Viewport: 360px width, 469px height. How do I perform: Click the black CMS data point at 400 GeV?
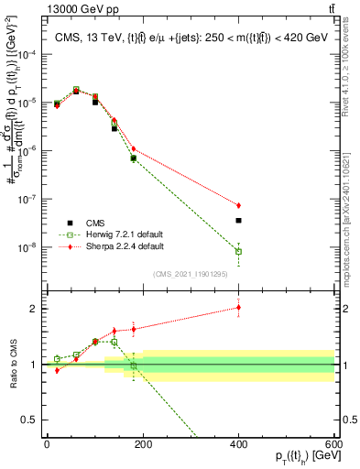tap(238, 221)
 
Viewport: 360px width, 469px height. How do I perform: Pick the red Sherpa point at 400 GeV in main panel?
tap(238, 205)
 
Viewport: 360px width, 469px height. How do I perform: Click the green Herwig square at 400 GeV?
tap(238, 251)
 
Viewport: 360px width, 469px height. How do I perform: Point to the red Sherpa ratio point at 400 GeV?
tap(238, 308)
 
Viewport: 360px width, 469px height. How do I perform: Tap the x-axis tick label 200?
tap(143, 442)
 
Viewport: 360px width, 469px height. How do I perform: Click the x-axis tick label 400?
tap(238, 442)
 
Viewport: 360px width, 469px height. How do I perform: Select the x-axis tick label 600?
tap(333, 442)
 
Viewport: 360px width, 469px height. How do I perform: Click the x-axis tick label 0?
tap(47, 442)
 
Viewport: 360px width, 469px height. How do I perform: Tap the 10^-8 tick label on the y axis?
tap(27, 247)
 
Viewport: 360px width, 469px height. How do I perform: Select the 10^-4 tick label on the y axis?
tap(27, 55)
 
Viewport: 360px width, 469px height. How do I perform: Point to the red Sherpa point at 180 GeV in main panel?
tap(134, 148)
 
